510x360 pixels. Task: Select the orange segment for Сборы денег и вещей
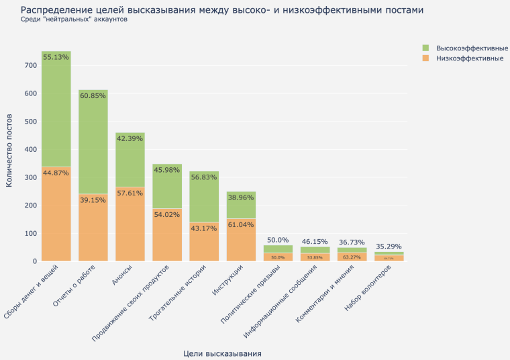tap(56, 214)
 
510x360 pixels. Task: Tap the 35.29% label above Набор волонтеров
tap(389, 246)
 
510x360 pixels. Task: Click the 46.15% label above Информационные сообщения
tap(315, 240)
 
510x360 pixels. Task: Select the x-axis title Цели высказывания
tap(222, 353)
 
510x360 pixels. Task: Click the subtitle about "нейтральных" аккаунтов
tap(74, 19)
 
